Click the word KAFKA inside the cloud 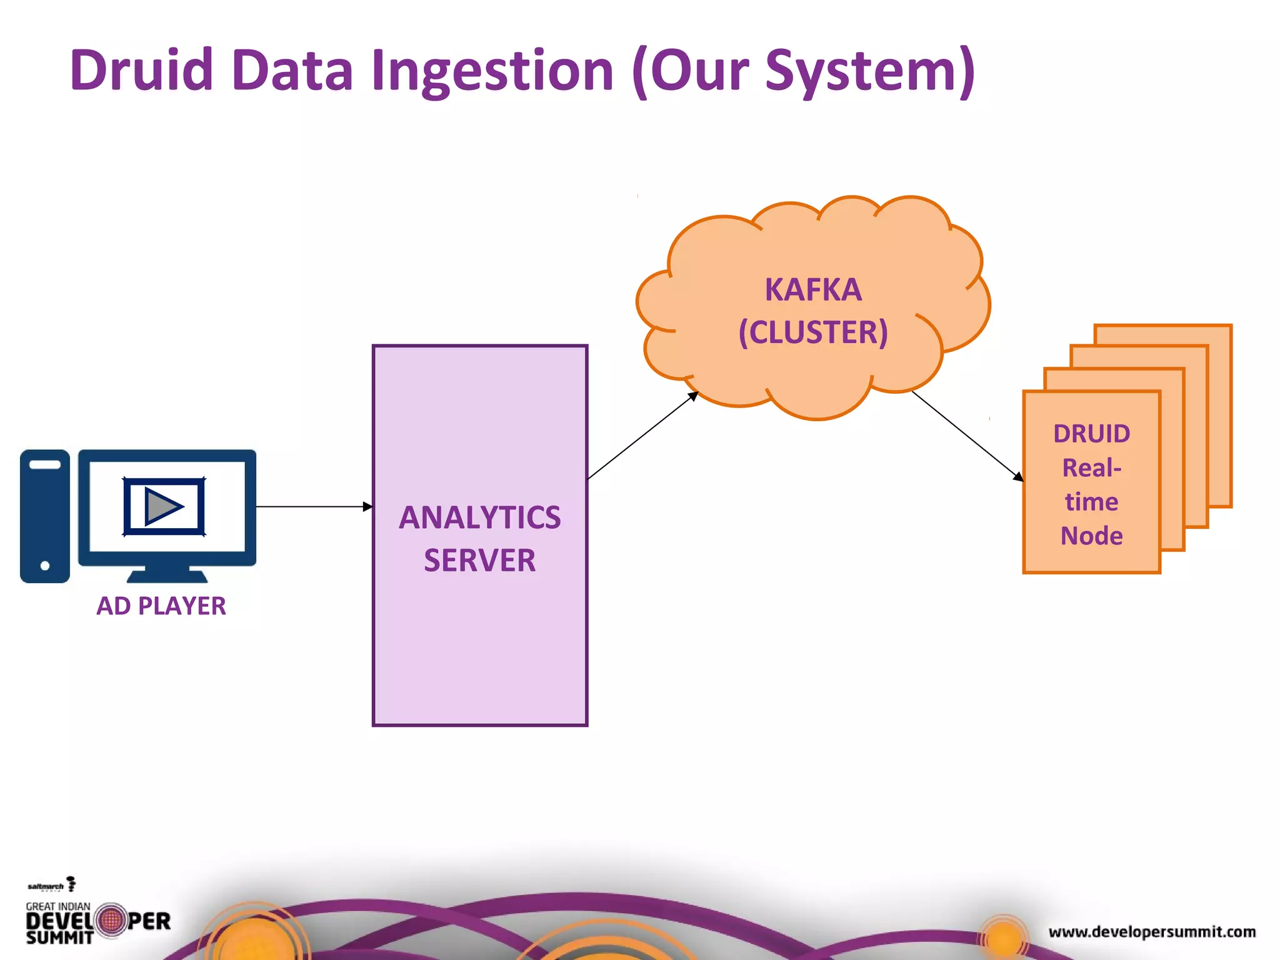pyautogui.click(x=813, y=290)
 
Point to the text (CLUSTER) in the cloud pyautogui.click(x=813, y=332)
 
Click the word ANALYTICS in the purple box pyautogui.click(x=479, y=517)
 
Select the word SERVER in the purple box pyautogui.click(x=479, y=560)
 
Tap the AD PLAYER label pyautogui.click(x=161, y=606)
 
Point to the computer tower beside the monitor pyautogui.click(x=45, y=516)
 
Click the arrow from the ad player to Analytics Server pyautogui.click(x=312, y=507)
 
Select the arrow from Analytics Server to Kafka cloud pyautogui.click(x=642, y=436)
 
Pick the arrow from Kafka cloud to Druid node pyautogui.click(x=966, y=435)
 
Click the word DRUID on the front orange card pyautogui.click(x=1091, y=433)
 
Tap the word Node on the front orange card pyautogui.click(x=1091, y=536)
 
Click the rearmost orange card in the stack pyautogui.click(x=1219, y=412)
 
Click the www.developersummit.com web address pyautogui.click(x=1152, y=932)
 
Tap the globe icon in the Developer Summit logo pyautogui.click(x=112, y=921)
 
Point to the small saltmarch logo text pyautogui.click(x=46, y=886)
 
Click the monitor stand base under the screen pyautogui.click(x=167, y=576)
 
